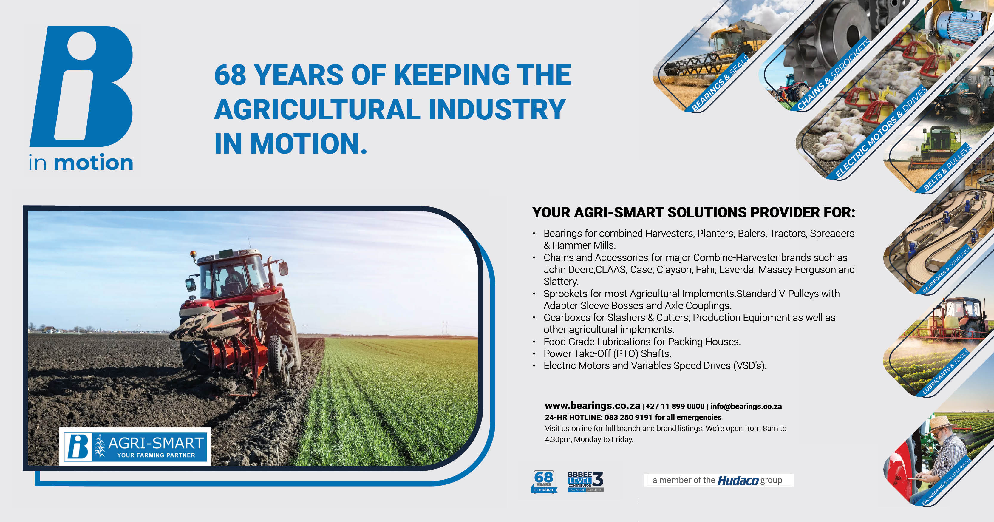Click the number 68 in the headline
point(230,75)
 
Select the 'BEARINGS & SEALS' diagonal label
point(720,83)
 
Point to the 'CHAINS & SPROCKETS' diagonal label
point(834,74)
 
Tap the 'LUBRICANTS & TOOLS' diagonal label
point(945,371)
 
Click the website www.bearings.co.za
point(592,406)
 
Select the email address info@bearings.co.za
point(746,406)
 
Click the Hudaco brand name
point(738,480)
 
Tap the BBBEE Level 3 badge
point(585,481)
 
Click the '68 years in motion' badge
point(544,481)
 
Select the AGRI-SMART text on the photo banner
point(156,443)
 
